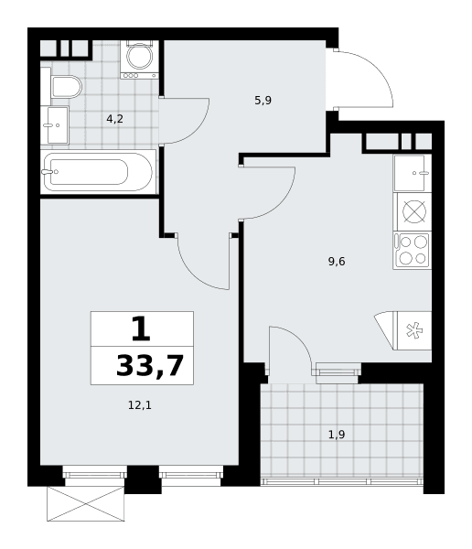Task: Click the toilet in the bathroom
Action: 66,87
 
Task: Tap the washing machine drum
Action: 139,57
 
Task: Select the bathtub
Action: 99,172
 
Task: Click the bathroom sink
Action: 57,125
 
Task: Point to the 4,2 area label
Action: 115,119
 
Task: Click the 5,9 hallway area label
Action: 263,101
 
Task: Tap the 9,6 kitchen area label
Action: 337,261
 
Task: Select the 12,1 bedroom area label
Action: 140,405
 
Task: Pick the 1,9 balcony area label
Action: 337,435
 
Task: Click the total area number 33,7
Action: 150,366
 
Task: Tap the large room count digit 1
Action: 141,328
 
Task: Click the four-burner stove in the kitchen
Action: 413,251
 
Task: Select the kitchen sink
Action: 413,173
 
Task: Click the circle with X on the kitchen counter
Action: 414,211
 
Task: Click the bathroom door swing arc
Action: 197,130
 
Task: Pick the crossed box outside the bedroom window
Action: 86,503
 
